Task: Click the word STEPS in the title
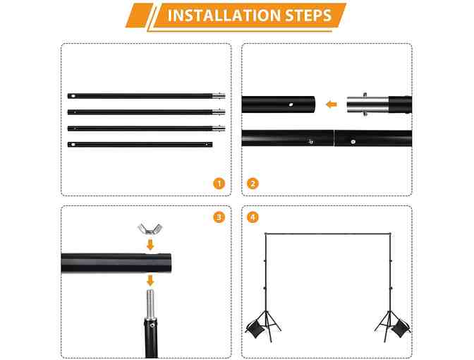point(308,16)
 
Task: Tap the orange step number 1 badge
point(219,184)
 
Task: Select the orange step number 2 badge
point(253,184)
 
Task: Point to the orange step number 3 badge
point(219,217)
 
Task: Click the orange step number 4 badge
point(253,217)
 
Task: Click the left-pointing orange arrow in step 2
point(332,104)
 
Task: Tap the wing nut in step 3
point(150,229)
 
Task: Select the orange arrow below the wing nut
point(150,244)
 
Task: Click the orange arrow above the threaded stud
point(150,280)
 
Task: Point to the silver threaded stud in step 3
point(150,304)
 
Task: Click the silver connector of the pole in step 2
point(367,104)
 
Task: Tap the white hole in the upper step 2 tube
point(291,104)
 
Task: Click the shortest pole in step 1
point(140,145)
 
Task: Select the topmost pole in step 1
point(146,96)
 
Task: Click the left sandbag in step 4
point(256,328)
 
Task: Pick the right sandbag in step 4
point(400,328)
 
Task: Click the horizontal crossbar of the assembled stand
point(328,234)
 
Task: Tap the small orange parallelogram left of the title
point(140,16)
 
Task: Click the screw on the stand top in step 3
point(152,325)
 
